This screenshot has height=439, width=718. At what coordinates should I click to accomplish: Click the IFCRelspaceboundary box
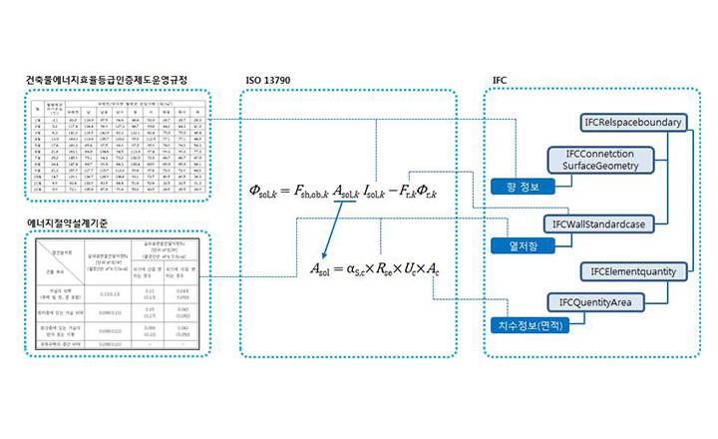pos(630,123)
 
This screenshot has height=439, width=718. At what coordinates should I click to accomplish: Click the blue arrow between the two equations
pos(331,229)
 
